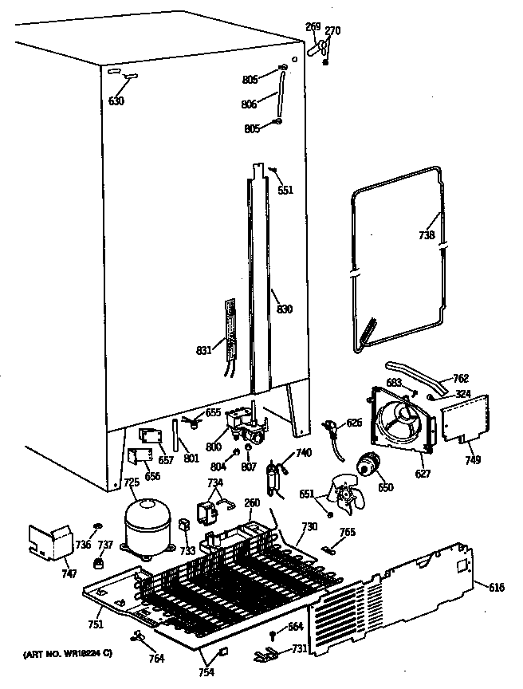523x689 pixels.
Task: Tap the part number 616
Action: point(496,588)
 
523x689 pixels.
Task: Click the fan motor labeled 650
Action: point(368,464)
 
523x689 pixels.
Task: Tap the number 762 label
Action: point(460,378)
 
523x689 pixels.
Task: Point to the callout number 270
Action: point(332,31)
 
